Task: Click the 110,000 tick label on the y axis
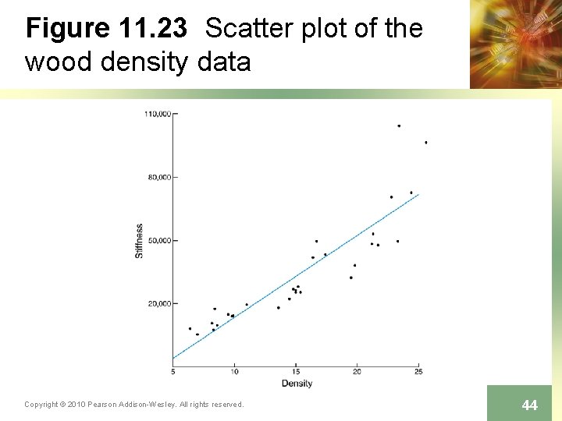tap(157, 114)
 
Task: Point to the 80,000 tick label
tap(158, 177)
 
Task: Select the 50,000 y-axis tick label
tap(158, 240)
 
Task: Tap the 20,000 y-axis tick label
tap(158, 303)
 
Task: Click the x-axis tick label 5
tap(173, 371)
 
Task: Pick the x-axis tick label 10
tap(234, 371)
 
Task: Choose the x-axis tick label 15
tap(296, 371)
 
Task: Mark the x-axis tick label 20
tap(357, 371)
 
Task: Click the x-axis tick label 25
tap(418, 371)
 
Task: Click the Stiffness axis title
tap(140, 241)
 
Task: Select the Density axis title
tap(297, 383)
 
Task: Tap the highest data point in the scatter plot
tap(399, 126)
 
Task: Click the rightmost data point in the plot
tap(425, 143)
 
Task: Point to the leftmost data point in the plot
tap(190, 328)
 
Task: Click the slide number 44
tap(529, 405)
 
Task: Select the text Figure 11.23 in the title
tap(106, 29)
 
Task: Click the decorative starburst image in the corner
tap(515, 44)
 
